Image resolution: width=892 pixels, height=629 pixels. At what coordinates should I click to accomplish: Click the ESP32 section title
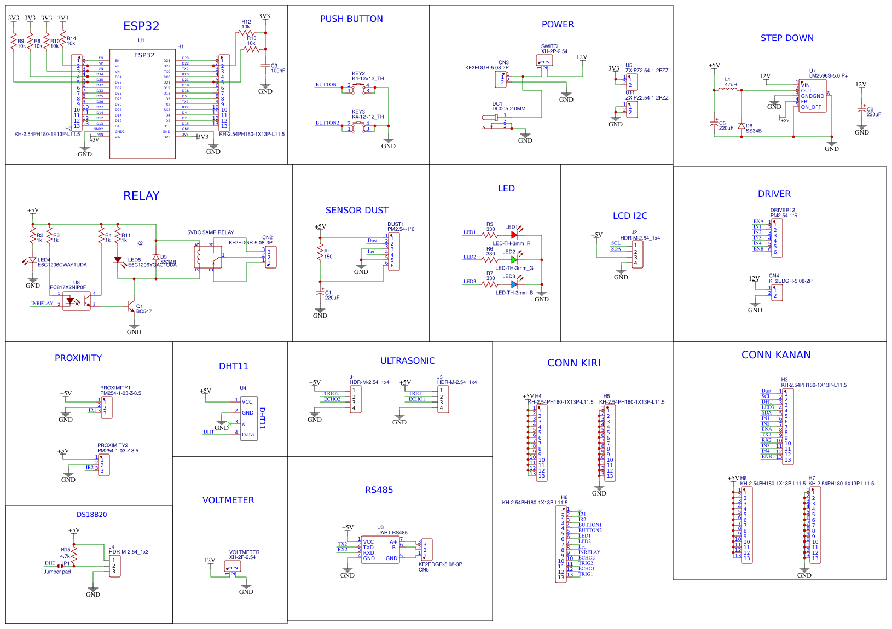(141, 26)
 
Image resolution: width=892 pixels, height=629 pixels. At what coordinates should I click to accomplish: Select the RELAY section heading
(141, 196)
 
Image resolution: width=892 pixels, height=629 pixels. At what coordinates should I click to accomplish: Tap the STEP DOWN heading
(787, 38)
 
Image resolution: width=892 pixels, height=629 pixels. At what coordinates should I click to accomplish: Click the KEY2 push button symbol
(358, 88)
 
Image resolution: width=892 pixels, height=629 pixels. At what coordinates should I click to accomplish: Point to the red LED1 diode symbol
(514, 235)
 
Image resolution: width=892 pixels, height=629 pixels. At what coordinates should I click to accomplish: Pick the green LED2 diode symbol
(514, 260)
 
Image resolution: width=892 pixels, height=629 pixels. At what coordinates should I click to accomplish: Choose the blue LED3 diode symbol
(514, 284)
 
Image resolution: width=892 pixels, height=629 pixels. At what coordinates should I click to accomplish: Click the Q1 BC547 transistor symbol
(131, 306)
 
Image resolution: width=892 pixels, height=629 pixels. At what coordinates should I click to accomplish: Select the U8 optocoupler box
(77, 300)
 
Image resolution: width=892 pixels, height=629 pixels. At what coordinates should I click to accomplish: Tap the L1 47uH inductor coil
(728, 90)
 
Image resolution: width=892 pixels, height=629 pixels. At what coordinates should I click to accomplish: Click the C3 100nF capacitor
(265, 66)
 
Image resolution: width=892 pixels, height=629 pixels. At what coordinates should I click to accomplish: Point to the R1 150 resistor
(320, 253)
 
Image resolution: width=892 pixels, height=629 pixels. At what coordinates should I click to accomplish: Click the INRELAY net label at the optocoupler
(42, 304)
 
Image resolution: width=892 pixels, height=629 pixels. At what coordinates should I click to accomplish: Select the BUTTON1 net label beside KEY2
(327, 85)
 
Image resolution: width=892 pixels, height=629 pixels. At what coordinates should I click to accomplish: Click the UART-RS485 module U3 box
(380, 550)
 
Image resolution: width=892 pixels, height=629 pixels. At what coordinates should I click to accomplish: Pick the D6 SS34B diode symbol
(742, 126)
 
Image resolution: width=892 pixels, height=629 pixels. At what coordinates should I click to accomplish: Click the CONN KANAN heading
(776, 355)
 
